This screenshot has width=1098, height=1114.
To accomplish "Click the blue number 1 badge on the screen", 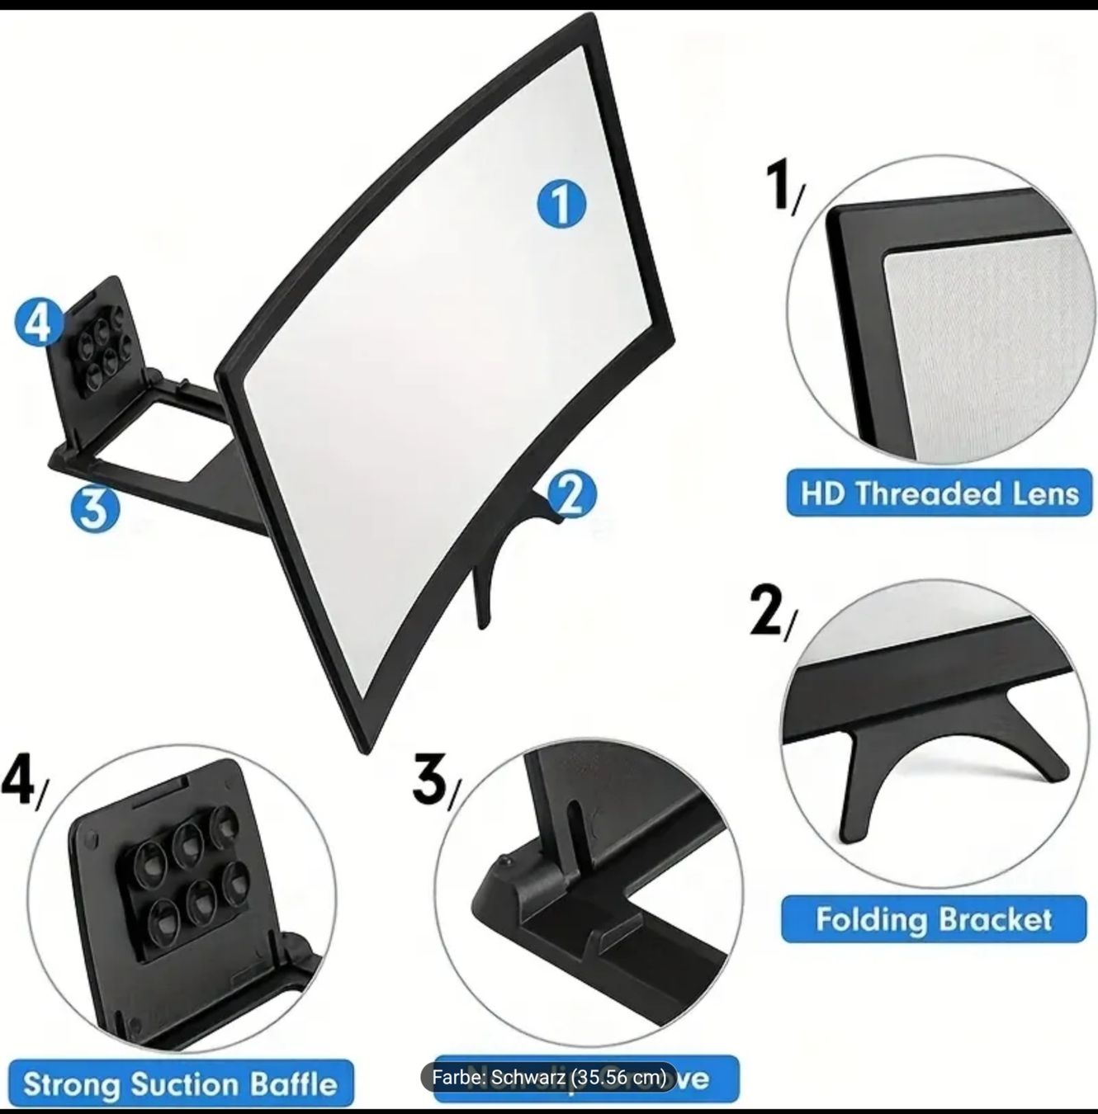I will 561,204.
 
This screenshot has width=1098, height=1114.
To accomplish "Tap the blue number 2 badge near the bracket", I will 571,495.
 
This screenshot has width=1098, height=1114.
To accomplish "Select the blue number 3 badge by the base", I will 95,508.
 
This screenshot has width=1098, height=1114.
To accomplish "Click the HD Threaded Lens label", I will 939,493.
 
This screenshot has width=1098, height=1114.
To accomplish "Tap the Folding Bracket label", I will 934,918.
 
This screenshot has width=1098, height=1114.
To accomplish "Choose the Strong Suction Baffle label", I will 180,1083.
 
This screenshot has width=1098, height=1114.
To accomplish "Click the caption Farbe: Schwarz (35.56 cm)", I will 549,1077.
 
